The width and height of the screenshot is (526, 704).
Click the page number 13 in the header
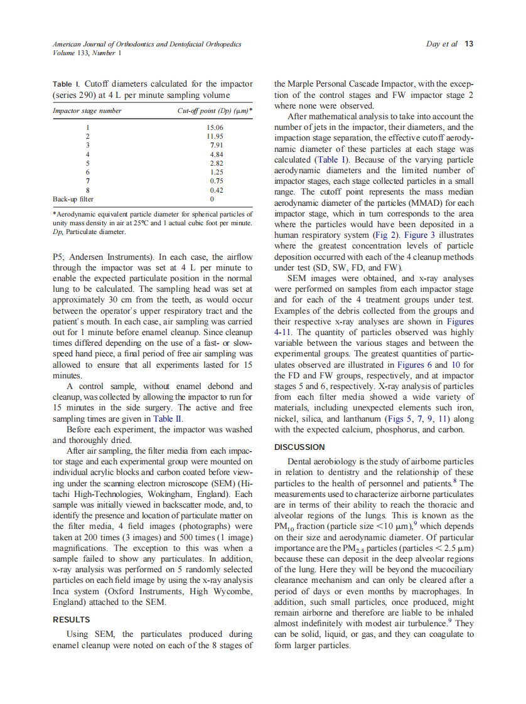tap(470, 44)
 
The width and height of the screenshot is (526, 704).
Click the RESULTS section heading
tap(71, 619)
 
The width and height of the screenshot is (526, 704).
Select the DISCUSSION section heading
tap(299, 447)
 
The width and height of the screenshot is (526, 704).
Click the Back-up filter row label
tap(73, 199)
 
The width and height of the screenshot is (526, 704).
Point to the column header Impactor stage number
tap(87, 111)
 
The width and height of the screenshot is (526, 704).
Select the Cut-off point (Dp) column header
tap(215, 111)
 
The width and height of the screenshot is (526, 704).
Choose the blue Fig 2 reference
tap(383, 235)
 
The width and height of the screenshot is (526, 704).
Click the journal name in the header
tap(146, 44)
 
